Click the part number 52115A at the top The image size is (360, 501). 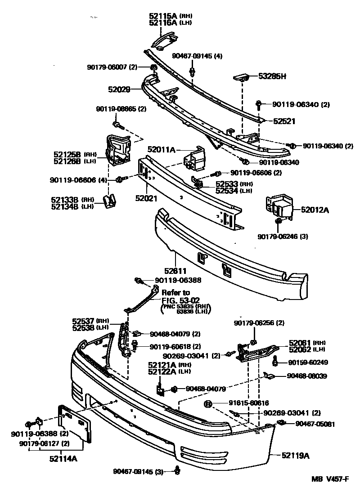click(x=164, y=16)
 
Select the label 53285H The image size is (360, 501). click(x=272, y=76)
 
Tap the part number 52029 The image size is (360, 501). click(x=119, y=89)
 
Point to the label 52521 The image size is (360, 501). click(x=284, y=121)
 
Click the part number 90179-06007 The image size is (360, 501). click(x=106, y=67)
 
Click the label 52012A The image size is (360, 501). click(x=315, y=209)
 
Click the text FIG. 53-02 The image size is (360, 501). click(x=180, y=300)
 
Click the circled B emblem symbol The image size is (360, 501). click(x=208, y=403)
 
